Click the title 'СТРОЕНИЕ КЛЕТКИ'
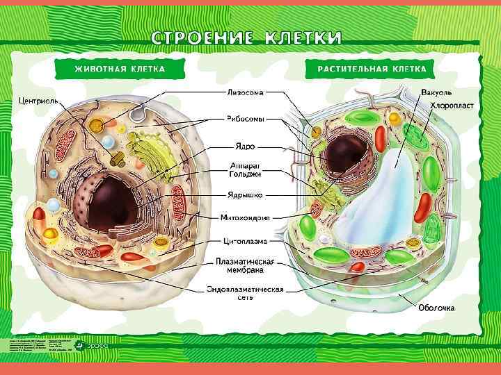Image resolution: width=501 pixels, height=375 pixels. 247,37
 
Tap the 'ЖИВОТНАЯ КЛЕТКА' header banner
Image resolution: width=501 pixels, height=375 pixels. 120,69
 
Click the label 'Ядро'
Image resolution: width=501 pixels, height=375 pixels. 244,147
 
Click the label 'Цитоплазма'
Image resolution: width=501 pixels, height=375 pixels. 244,242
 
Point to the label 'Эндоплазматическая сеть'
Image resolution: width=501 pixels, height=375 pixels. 244,293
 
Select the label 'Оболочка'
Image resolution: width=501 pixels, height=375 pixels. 436,307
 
